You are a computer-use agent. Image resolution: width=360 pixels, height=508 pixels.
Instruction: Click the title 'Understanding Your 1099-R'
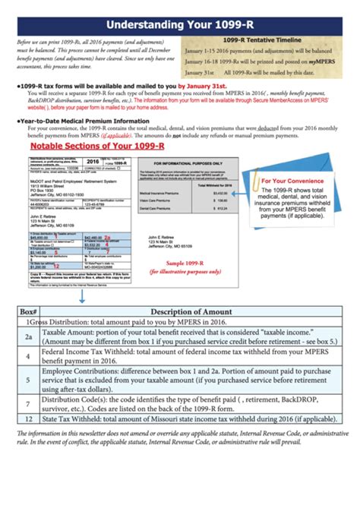pyautogui.click(x=179, y=12)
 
